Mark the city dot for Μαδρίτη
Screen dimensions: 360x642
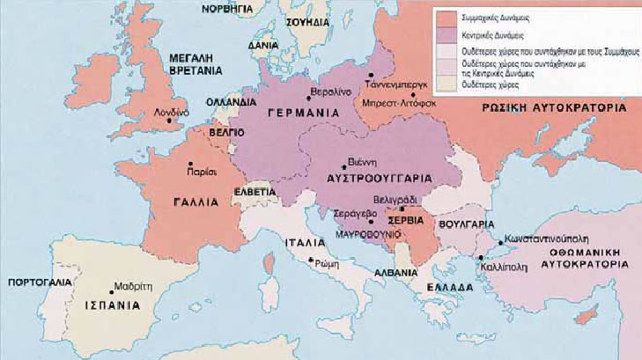pyautogui.click(x=115, y=287)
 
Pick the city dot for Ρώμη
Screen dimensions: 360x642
pyautogui.click(x=309, y=261)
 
